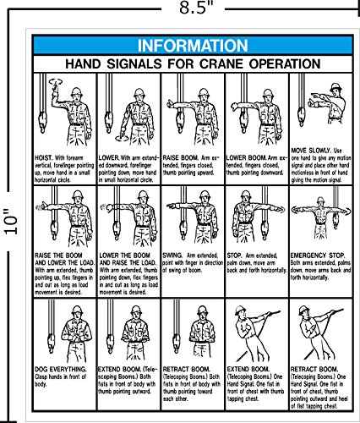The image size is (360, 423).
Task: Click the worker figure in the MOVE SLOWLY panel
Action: point(325,106)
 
